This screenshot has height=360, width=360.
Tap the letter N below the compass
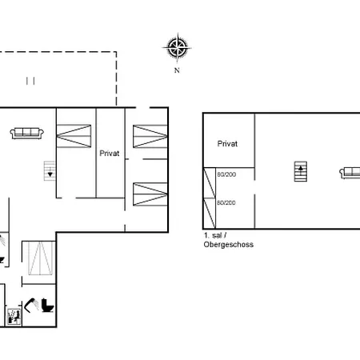(x=177, y=70)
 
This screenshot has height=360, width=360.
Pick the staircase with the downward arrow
(x=50, y=170)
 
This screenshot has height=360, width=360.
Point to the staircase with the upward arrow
(x=302, y=170)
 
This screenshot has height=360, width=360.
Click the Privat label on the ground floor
(x=110, y=153)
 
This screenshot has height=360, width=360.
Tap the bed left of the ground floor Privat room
(x=75, y=133)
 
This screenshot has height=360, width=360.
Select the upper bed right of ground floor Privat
(x=150, y=134)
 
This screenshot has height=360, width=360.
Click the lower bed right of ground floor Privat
(x=150, y=194)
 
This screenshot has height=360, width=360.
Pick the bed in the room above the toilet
(x=38, y=258)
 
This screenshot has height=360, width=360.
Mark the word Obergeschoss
(x=228, y=244)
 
